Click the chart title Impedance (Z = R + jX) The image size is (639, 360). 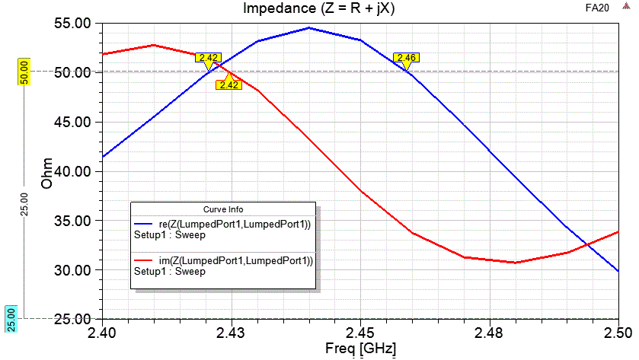[319, 8]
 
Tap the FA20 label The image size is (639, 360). [596, 8]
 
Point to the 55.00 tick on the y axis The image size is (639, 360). [70, 24]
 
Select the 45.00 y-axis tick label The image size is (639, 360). [70, 123]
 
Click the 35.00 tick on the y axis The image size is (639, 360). [70, 221]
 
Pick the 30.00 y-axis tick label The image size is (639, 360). [70, 270]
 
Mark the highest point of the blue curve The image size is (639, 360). [308, 28]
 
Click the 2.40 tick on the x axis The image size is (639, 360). [101, 333]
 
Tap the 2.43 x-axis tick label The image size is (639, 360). [231, 333]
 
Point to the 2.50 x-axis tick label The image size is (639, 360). [618, 333]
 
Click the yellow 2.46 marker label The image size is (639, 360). [407, 58]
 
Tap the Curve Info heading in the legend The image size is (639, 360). [222, 209]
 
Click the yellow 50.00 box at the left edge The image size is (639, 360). [24, 72]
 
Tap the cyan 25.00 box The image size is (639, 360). [11, 318]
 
